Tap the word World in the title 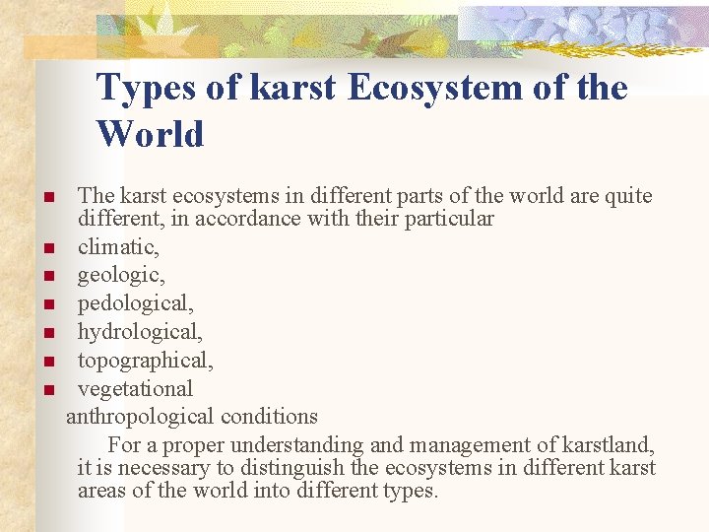(151, 134)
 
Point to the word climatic (118, 245)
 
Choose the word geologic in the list (119, 274)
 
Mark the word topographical (145, 360)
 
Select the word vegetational (135, 388)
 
